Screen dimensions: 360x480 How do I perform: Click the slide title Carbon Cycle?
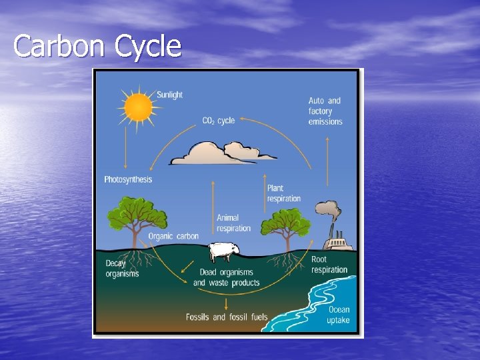97,47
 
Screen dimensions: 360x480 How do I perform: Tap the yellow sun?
139,107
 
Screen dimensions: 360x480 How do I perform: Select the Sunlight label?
169,95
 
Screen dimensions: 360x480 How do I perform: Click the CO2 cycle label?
219,121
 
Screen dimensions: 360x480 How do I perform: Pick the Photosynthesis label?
128,179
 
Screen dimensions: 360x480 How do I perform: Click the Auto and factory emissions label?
325,111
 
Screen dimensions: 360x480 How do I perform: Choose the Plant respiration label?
284,193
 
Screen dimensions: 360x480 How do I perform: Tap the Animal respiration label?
233,223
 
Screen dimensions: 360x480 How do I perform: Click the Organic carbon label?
173,236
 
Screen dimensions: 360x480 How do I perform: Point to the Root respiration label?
329,265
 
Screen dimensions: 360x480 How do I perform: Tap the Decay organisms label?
122,268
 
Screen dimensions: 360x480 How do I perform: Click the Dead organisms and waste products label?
227,277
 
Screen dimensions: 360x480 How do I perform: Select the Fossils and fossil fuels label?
227,317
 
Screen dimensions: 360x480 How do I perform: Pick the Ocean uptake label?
338,315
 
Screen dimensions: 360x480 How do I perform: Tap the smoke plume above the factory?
328,212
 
